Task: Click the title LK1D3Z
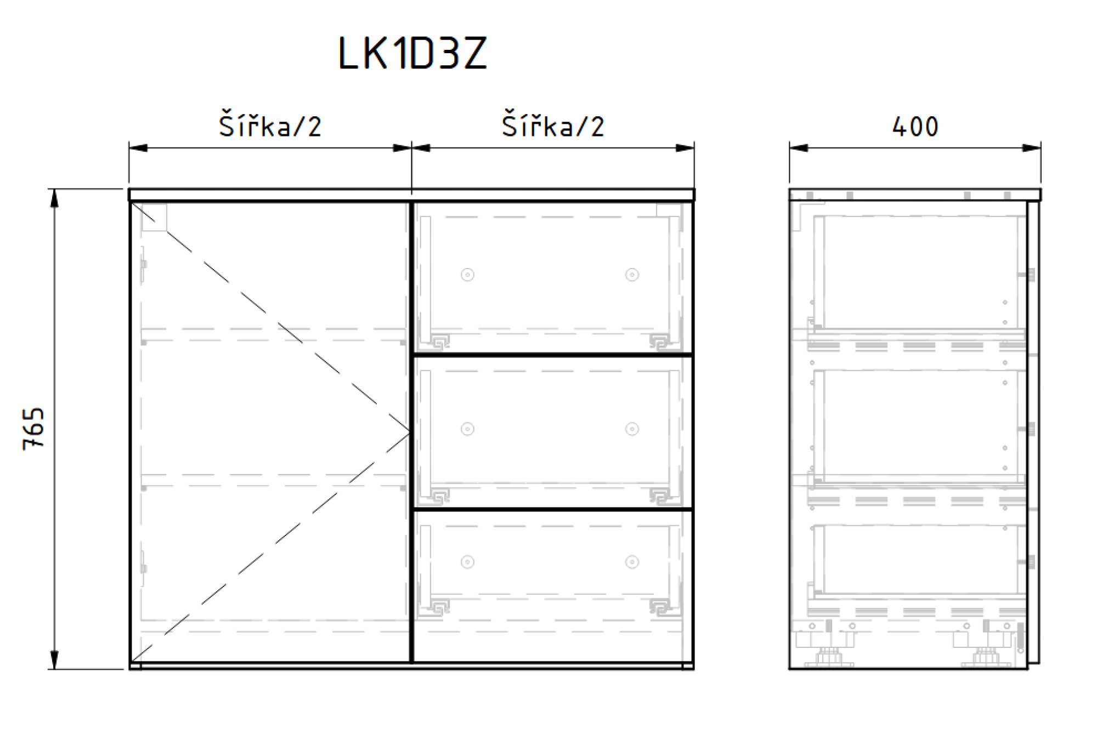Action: tap(412, 53)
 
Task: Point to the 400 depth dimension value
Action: tap(915, 127)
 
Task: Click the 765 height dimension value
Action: tap(33, 429)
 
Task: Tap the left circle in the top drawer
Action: tap(467, 275)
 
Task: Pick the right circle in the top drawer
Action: tap(632, 275)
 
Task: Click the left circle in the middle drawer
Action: tap(467, 429)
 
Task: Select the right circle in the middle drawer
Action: tap(632, 429)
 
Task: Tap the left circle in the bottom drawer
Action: tap(467, 562)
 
